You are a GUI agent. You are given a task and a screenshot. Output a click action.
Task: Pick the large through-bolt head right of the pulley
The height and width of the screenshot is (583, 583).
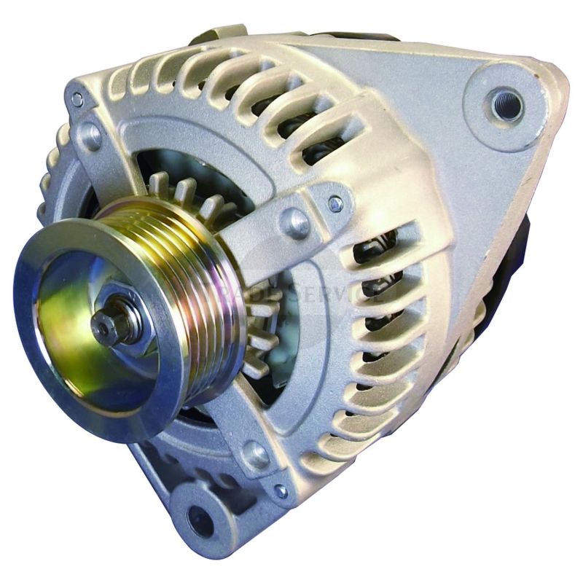(295, 222)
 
